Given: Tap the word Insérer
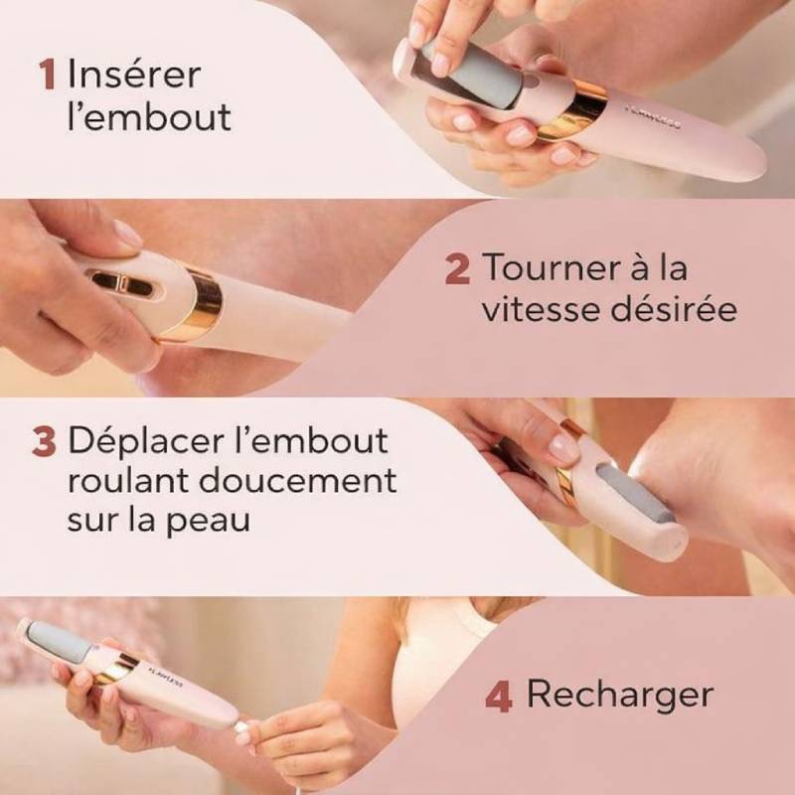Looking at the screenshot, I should pos(133,75).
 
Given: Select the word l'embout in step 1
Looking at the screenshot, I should pos(149,117).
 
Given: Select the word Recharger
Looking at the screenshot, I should pos(619,695).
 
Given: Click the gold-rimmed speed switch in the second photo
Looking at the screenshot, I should pos(122,284).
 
